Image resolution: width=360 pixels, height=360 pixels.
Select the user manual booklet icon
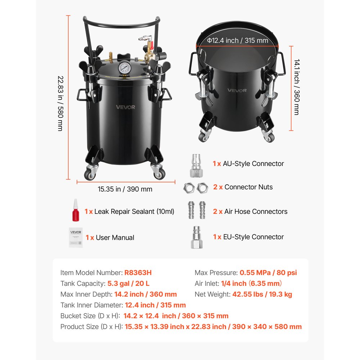coord(76,237)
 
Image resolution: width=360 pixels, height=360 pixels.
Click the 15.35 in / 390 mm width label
coord(125,189)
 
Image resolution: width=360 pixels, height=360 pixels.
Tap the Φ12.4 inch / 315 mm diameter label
coord(238,40)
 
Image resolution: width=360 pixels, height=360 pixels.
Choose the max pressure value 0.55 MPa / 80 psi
coord(268,273)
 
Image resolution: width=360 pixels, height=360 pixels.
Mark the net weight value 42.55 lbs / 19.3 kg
coord(262,294)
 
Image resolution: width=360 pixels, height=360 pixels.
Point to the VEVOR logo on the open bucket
coord(237,90)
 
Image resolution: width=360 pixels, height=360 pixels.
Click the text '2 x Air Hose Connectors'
coord(250,211)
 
